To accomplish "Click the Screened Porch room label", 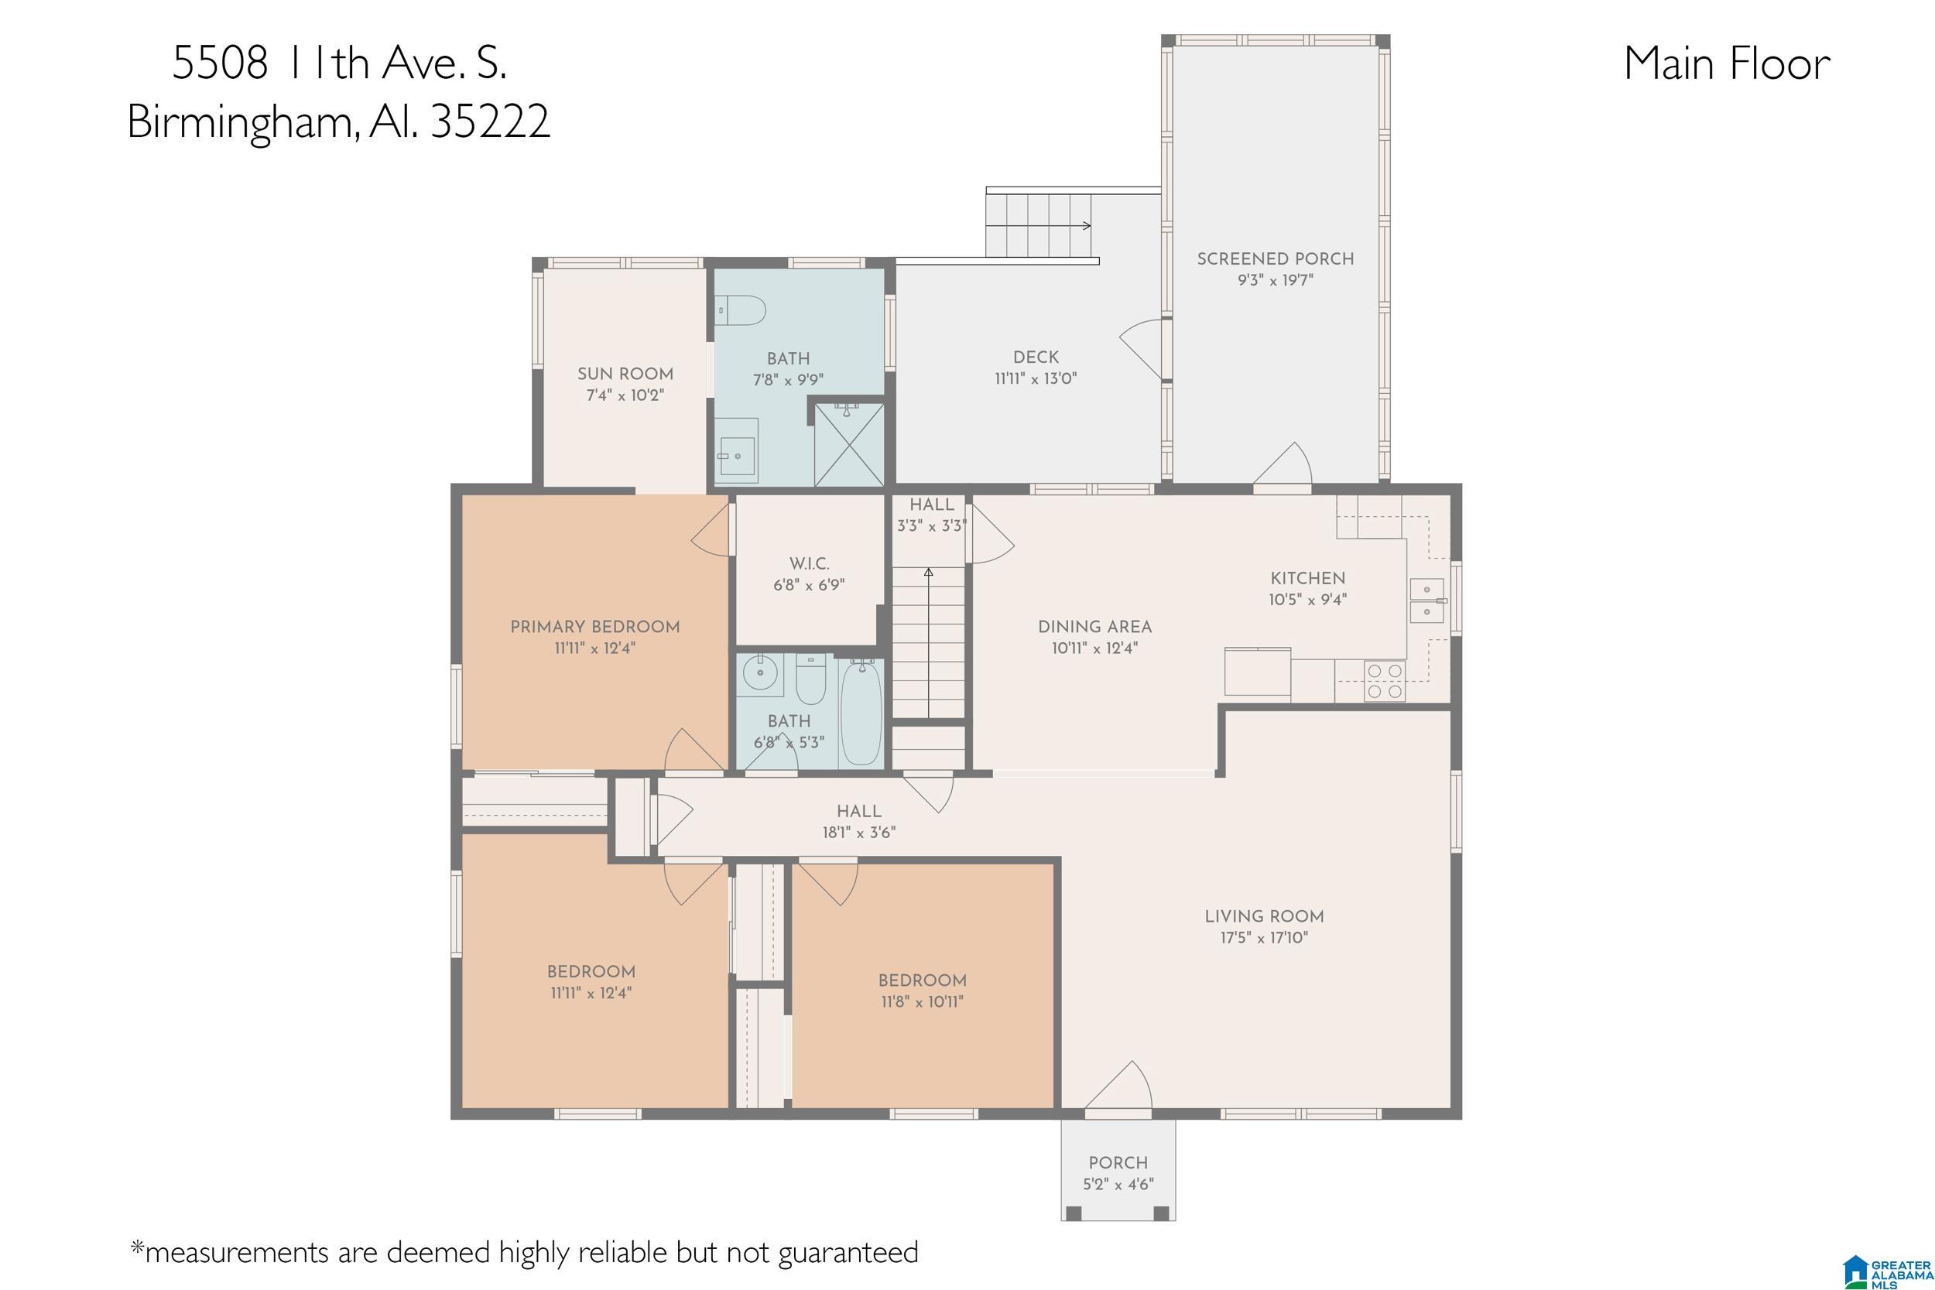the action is [x=1276, y=259].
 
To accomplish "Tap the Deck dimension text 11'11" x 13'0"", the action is [x=1036, y=378].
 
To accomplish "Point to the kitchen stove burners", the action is [x=1384, y=681].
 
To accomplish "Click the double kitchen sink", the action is [x=1427, y=601].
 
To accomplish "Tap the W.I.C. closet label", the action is [x=810, y=564].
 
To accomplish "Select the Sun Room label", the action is [x=625, y=374].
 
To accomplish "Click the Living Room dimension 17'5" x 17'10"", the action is [x=1264, y=937].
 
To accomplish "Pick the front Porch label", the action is [x=1118, y=1162].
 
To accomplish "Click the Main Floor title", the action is [x=1727, y=63].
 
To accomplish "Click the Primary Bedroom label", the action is [x=594, y=627].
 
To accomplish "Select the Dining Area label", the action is [x=1094, y=627].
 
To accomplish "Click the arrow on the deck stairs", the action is [x=1039, y=225].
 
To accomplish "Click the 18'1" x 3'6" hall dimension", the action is [x=859, y=833].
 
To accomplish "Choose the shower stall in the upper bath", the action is [x=848, y=444].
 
